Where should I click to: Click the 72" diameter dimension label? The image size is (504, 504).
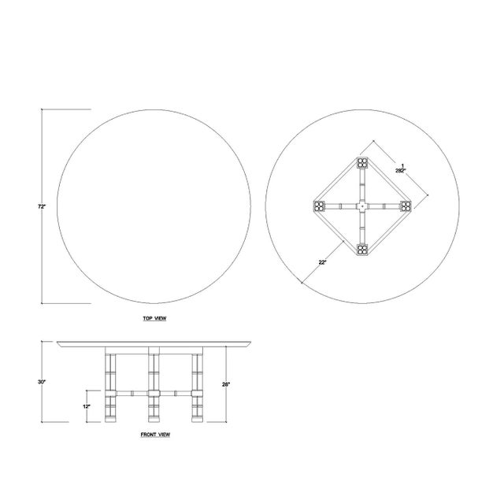pos(40,206)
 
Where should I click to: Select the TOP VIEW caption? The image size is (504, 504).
pos(154,318)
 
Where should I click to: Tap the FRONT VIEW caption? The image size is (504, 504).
pos(154,433)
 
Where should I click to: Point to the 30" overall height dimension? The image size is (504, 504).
pos(41,382)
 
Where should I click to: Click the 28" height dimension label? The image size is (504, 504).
pos(227,384)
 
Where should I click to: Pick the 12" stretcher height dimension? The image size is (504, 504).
pos(87,406)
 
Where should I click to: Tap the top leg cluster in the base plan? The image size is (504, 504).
pos(362,163)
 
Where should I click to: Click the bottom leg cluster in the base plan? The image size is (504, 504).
pos(362,250)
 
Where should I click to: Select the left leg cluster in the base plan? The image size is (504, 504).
pos(319,206)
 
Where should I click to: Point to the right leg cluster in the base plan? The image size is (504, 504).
pos(406,206)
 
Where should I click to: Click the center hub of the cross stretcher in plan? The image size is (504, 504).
pos(362,206)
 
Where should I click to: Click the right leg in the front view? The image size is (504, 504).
pos(197,386)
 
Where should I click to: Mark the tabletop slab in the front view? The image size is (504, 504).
pos(154,345)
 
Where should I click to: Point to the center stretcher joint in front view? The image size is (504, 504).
pos(154,391)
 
